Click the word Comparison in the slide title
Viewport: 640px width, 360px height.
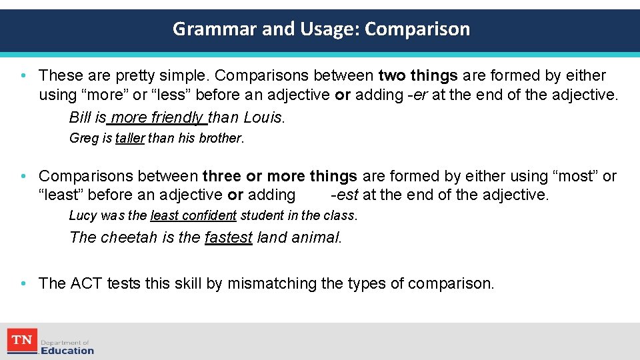coord(417,29)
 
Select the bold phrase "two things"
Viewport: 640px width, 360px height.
coord(418,76)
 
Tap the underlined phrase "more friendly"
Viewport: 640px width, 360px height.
coord(157,118)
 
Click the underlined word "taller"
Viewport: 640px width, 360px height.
coord(130,139)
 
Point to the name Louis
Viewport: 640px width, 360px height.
coord(263,118)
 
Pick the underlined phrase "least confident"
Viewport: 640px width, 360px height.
coord(193,216)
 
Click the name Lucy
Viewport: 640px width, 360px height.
coord(83,216)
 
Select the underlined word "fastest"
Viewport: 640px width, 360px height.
coord(229,238)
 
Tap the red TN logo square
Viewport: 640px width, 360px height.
coord(21,341)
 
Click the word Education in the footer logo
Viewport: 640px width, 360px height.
coord(67,351)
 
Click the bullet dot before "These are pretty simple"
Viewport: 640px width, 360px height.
coord(23,76)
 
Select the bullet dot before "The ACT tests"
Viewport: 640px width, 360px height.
coord(23,284)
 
